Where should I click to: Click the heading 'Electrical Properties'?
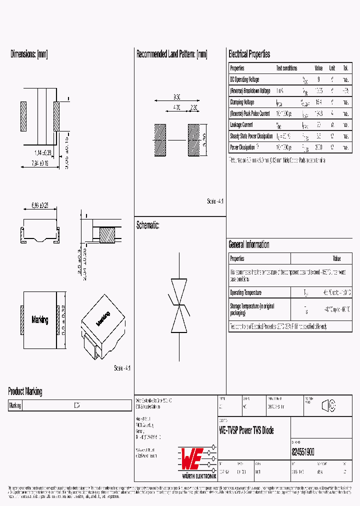pyautogui.click(x=249, y=54)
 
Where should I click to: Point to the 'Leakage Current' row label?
pyautogui.click(x=241, y=124)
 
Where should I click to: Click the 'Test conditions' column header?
pyautogui.click(x=286, y=68)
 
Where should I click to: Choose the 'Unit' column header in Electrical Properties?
pyautogui.click(x=332, y=68)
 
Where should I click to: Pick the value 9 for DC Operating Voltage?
pyautogui.click(x=319, y=79)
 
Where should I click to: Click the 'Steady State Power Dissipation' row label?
pyautogui.click(x=251, y=136)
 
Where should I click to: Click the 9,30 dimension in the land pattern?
pyautogui.click(x=176, y=96)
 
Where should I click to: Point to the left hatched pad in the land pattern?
pyautogui.click(x=160, y=140)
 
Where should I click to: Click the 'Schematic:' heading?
pyautogui.click(x=148, y=225)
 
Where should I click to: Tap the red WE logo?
pyautogui.click(x=190, y=457)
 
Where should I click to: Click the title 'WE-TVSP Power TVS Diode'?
pyautogui.click(x=246, y=430)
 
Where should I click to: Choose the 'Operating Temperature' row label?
pyautogui.click(x=245, y=292)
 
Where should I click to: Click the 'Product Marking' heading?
pyautogui.click(x=25, y=391)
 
